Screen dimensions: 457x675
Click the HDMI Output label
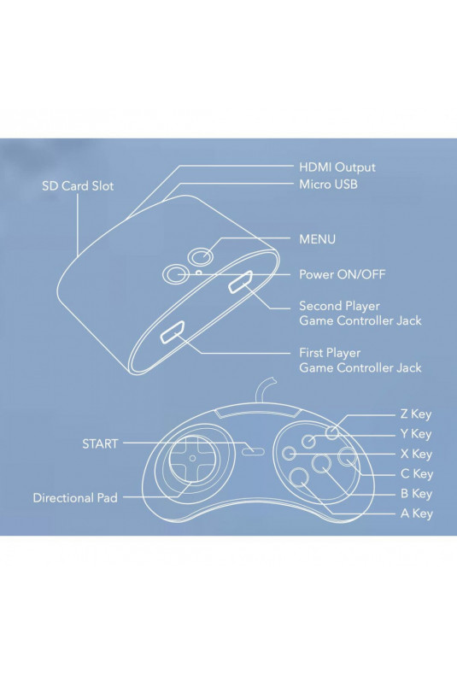tap(337, 167)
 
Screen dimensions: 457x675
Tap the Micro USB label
tap(328, 185)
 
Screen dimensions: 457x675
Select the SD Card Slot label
tap(78, 186)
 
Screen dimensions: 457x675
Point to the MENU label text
tap(317, 239)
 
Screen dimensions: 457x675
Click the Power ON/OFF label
tap(342, 274)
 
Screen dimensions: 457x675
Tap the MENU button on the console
tap(202, 257)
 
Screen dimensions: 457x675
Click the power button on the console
tap(175, 273)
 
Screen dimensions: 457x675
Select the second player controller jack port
tap(241, 282)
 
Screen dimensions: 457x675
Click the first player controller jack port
tap(173, 332)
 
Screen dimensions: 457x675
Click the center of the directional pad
tap(192, 458)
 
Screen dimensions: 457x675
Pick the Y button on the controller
tap(308, 441)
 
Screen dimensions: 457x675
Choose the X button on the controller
tap(289, 453)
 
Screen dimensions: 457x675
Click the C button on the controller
tap(347, 457)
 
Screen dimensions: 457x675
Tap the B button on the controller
tap(321, 464)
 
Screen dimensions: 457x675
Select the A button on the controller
tap(300, 477)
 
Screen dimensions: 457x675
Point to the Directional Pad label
tap(75, 498)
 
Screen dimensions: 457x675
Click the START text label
tap(100, 443)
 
